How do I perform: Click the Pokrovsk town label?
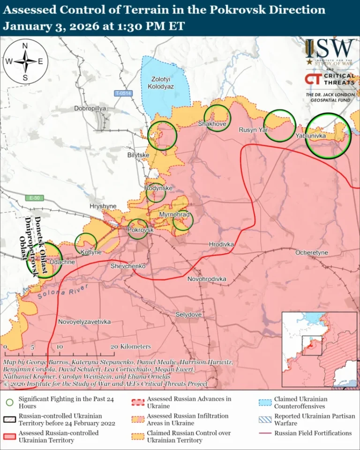pos(141,230)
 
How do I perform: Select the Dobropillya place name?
pos(90,108)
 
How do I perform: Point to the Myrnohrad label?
pos(174,215)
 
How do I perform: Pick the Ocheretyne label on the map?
pos(311,253)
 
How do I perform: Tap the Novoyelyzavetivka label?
pos(84,322)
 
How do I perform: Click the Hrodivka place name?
pos(221,244)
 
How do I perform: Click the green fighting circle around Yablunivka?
pos(328,135)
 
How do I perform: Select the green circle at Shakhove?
pos(217,118)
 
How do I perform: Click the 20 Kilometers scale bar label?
pos(131,346)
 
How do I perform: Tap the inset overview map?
pos(319,349)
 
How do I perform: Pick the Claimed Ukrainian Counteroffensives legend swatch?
pos(265,402)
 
